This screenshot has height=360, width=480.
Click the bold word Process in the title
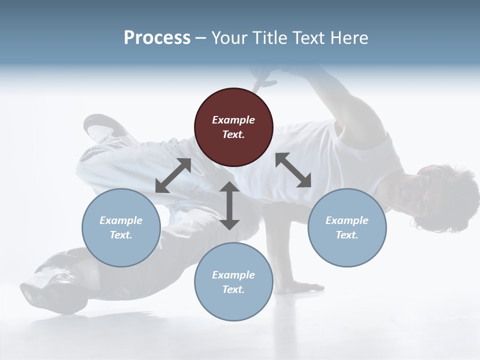(x=157, y=38)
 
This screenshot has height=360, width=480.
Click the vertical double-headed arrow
(x=229, y=205)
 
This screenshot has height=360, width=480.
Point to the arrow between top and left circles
(x=173, y=175)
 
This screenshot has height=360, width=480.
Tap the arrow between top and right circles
(x=293, y=170)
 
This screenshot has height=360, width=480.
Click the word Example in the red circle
(x=233, y=120)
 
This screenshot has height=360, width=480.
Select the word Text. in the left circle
(x=121, y=235)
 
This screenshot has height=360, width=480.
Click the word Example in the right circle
(x=346, y=220)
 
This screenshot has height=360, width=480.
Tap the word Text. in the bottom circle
(x=233, y=289)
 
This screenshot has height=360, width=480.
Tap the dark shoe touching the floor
(x=47, y=287)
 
